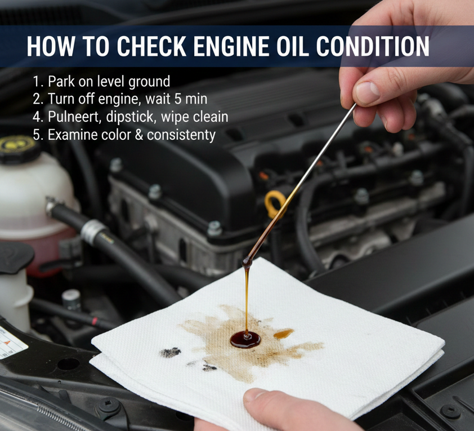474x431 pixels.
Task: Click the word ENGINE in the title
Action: (x=231, y=46)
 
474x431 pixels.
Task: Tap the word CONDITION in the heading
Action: (x=373, y=46)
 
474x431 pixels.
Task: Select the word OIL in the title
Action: (x=292, y=46)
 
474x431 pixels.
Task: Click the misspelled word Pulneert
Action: (x=75, y=117)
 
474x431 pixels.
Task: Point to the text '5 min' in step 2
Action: (x=190, y=99)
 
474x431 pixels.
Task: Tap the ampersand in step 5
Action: (x=138, y=135)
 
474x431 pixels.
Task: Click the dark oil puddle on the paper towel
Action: (x=245, y=339)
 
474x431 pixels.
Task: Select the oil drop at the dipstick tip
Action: (x=247, y=262)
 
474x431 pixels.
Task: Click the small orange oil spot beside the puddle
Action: (x=283, y=334)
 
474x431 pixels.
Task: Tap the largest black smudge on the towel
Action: (x=170, y=352)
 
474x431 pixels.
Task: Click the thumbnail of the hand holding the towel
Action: (x=254, y=394)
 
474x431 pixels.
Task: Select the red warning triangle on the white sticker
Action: (x=7, y=343)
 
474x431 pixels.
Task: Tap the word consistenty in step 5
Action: (x=181, y=135)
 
